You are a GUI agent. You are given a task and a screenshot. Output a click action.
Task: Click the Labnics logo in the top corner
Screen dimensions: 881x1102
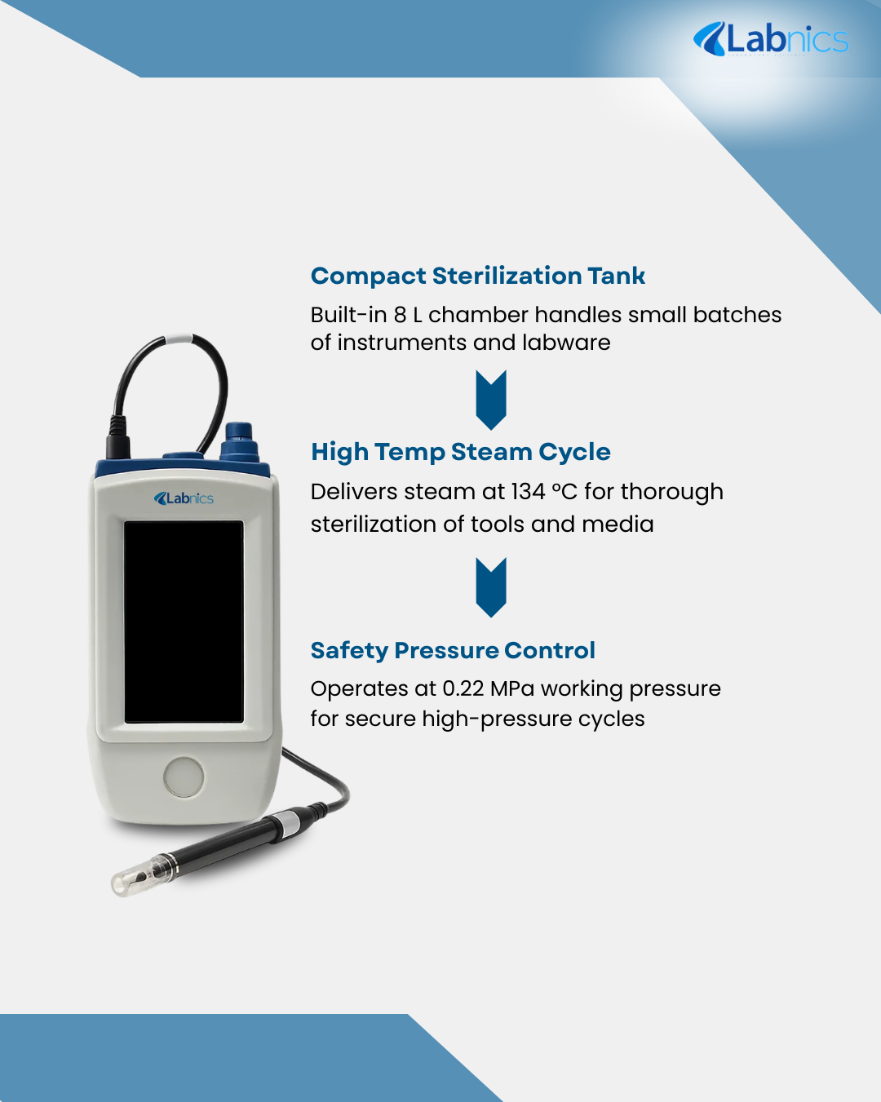(x=770, y=39)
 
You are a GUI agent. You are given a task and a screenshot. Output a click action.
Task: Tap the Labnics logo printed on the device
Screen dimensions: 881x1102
(x=184, y=498)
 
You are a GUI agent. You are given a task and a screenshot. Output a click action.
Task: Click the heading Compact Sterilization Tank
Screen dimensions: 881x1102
(x=477, y=276)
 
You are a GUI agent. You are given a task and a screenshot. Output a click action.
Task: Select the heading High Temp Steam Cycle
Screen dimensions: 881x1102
(x=460, y=452)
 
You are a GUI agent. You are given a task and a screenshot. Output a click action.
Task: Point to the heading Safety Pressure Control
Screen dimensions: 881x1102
(x=453, y=651)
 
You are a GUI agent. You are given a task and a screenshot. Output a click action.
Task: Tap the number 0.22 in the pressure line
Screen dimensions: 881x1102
(x=463, y=688)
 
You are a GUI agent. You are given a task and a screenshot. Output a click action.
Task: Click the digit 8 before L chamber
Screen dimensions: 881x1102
(x=400, y=315)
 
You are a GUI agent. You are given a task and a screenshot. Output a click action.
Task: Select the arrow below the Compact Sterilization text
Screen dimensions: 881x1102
(x=491, y=400)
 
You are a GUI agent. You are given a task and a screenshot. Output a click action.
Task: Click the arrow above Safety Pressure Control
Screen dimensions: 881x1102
(x=491, y=587)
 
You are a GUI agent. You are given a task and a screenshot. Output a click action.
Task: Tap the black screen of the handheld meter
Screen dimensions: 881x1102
(x=184, y=622)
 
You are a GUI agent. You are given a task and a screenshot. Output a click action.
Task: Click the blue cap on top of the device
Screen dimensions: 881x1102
(x=239, y=441)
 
